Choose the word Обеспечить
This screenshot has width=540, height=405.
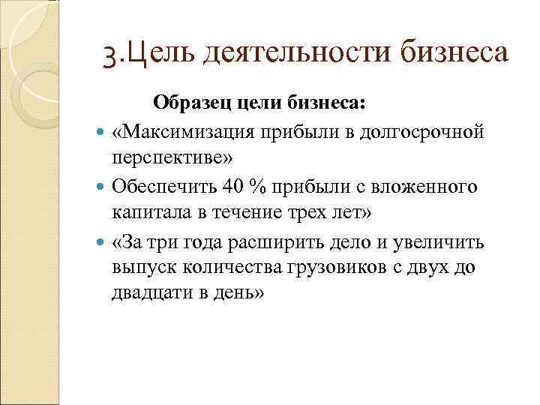coord(161,185)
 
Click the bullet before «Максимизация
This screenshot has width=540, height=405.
coord(102,133)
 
